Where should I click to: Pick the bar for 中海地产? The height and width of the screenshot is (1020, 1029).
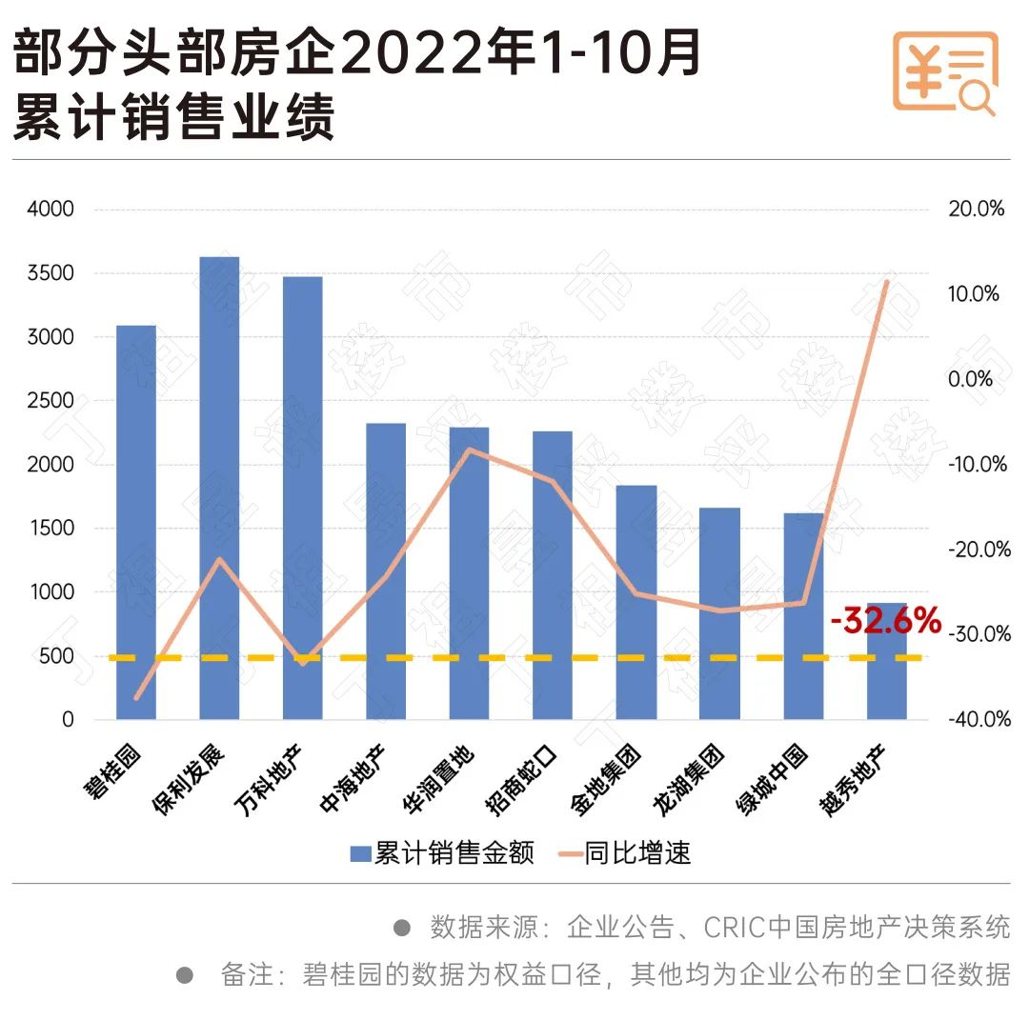(x=386, y=571)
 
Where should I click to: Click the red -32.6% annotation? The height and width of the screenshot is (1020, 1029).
(x=885, y=622)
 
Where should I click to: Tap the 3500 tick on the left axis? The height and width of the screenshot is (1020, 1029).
(x=55, y=273)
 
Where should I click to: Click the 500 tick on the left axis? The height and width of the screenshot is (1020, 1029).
(x=61, y=656)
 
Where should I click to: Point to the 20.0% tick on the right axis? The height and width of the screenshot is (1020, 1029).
(x=977, y=209)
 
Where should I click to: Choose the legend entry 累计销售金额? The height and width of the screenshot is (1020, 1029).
(x=442, y=852)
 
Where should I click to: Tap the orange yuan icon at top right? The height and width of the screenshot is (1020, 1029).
(x=944, y=71)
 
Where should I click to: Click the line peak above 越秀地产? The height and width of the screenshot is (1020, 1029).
(x=886, y=282)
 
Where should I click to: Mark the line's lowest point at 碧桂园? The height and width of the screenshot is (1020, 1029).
(x=136, y=698)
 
